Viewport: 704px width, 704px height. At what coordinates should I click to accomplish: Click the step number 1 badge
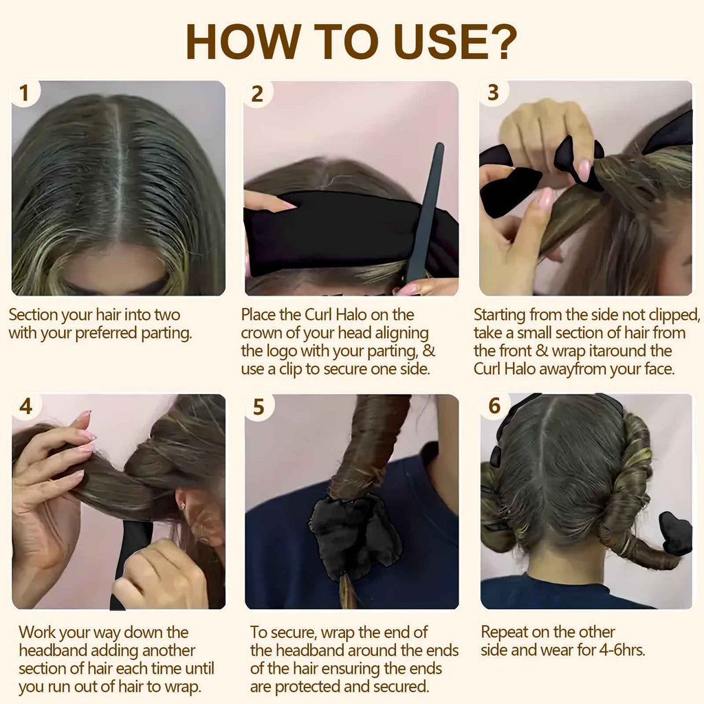pos(25,93)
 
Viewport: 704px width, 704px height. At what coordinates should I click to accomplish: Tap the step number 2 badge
pos(257,94)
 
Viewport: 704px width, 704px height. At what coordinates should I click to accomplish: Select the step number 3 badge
pos(493,93)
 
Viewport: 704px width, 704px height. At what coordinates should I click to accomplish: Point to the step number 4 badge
pos(25,407)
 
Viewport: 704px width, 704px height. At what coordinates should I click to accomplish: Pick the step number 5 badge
pos(258,408)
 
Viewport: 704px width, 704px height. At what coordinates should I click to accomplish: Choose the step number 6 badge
pos(494,406)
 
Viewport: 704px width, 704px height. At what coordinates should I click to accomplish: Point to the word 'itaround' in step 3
pos(603,351)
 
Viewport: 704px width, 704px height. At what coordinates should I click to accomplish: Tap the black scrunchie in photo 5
pos(354,537)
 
